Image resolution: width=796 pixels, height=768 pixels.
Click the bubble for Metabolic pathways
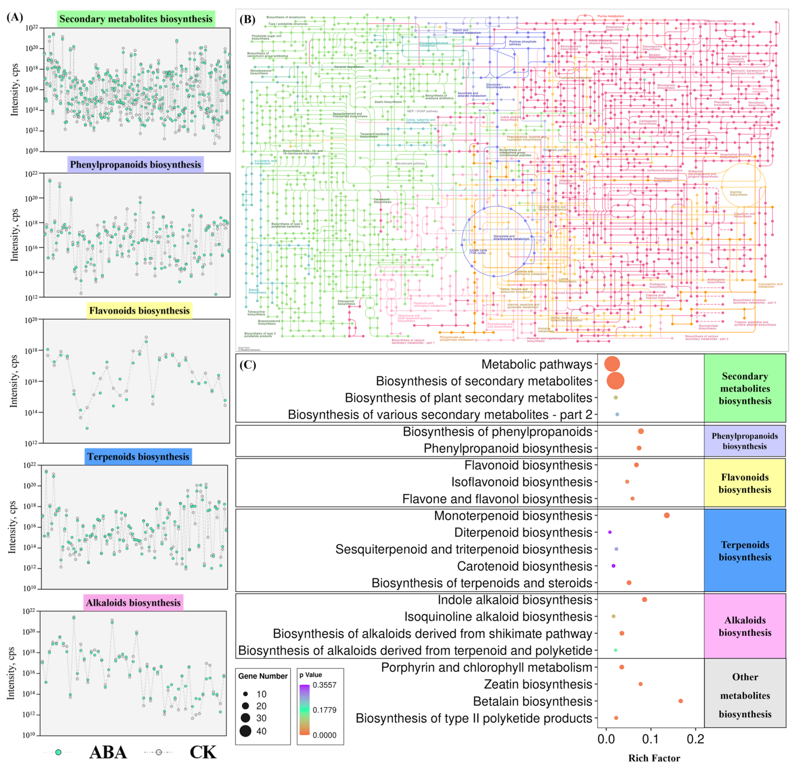pyautogui.click(x=612, y=364)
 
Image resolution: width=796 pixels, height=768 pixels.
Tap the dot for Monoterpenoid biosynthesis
pyautogui.click(x=666, y=515)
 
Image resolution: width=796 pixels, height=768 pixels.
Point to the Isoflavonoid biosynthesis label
pyautogui.click(x=522, y=482)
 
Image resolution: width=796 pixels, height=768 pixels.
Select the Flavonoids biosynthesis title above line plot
pyautogui.click(x=139, y=311)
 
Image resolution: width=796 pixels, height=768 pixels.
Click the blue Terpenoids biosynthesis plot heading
pyautogui.click(x=138, y=456)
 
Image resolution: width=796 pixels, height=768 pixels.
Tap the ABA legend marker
pyautogui.click(x=58, y=752)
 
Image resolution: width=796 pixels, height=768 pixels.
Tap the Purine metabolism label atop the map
pyautogui.click(x=611, y=16)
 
